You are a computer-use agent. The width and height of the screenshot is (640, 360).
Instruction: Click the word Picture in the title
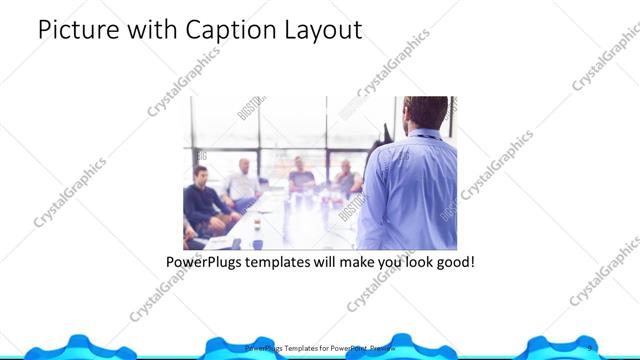click(x=81, y=31)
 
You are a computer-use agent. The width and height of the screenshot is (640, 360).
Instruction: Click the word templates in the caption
click(x=295, y=264)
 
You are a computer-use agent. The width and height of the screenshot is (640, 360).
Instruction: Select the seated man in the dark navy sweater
click(x=204, y=204)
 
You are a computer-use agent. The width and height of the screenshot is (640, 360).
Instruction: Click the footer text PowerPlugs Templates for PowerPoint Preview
click(x=320, y=348)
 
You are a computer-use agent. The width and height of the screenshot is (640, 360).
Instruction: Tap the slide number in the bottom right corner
click(x=590, y=348)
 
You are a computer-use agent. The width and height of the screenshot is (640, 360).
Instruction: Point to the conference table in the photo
click(x=290, y=225)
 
